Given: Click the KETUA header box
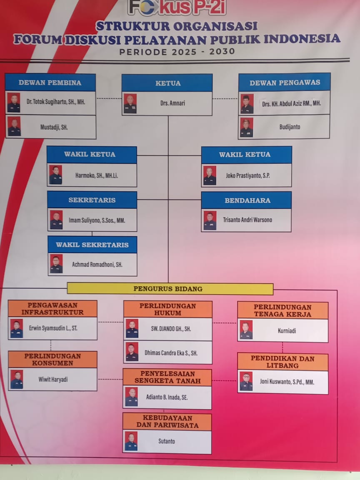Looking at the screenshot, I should click(167, 83).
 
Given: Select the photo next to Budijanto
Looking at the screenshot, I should click(246, 127).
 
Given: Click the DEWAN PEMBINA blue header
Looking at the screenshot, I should click(50, 82).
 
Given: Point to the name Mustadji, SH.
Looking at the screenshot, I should click(54, 127).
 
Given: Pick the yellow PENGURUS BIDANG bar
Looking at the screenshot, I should click(170, 289).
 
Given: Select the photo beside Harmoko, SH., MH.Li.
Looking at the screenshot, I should click(55, 175).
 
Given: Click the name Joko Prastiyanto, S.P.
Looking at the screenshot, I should click(247, 176).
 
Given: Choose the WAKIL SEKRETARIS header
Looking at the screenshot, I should click(92, 245).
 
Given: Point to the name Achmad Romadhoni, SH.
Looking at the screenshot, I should click(97, 265).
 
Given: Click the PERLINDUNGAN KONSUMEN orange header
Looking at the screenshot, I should click(52, 360).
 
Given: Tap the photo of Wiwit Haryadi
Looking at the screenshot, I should click(17, 380).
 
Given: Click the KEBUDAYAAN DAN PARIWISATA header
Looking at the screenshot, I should click(167, 422).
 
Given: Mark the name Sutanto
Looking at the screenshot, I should click(166, 441).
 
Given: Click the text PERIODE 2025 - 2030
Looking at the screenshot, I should click(177, 52).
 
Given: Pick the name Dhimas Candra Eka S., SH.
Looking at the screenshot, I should click(171, 353).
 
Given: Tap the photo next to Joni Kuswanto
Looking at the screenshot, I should click(246, 381).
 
